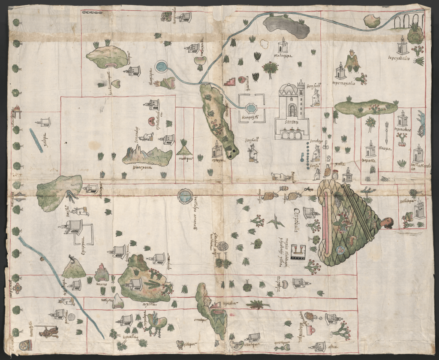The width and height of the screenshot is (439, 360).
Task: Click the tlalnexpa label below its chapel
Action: (283, 56)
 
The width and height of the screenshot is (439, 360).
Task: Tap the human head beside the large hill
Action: (388, 223)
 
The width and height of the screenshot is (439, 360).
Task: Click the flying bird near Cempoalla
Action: (276, 222)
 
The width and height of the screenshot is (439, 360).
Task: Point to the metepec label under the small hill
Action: (185, 157)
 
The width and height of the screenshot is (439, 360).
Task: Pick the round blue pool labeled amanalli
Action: (185, 197)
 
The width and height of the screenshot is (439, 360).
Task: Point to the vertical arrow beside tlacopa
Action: (386, 133)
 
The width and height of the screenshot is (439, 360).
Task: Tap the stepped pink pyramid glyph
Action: (231, 81)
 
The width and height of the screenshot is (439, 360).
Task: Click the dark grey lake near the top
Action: (286, 26)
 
